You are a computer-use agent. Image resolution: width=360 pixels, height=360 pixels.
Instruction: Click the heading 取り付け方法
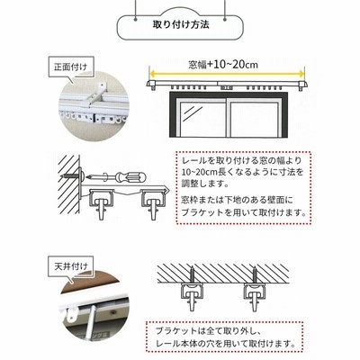pyautogui.click(x=181, y=24)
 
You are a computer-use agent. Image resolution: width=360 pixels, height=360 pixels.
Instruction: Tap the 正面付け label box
pyautogui.click(x=71, y=67)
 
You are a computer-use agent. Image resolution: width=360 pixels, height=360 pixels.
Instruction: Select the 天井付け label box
pyautogui.click(x=71, y=266)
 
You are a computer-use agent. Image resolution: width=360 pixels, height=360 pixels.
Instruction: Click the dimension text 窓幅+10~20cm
pyautogui.click(x=223, y=65)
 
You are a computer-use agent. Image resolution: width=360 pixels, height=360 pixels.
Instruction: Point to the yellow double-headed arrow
pyautogui.click(x=227, y=73)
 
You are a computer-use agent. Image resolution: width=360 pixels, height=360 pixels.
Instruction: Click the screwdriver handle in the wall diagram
pyautogui.click(x=131, y=176)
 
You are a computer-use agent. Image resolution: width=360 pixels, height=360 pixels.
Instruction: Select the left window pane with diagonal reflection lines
pyautogui.click(x=203, y=119)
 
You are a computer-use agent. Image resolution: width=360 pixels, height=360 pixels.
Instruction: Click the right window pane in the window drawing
pyautogui.click(x=255, y=119)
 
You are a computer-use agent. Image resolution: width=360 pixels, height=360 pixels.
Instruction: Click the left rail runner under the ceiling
pyautogui.click(x=192, y=296)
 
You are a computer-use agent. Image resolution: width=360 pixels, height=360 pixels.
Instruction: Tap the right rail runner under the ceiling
pyautogui.click(x=256, y=296)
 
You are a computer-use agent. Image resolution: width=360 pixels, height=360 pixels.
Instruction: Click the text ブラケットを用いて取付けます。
pyautogui.click(x=244, y=212)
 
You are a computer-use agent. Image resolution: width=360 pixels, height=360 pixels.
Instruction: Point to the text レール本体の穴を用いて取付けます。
pyautogui.click(x=225, y=342)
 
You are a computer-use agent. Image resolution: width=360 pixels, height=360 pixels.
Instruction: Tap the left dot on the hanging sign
pyautogui.click(x=136, y=20)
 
